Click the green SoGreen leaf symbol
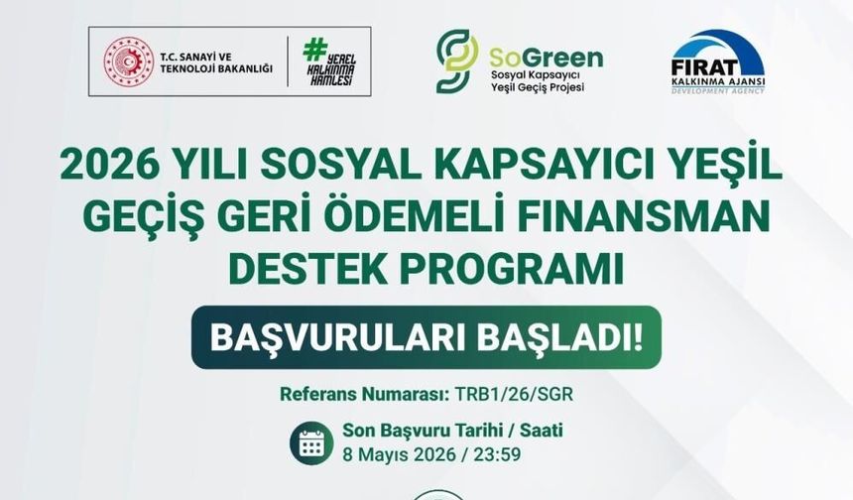pos(455,62)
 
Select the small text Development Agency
pos(717,88)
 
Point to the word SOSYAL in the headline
pos(349,165)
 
